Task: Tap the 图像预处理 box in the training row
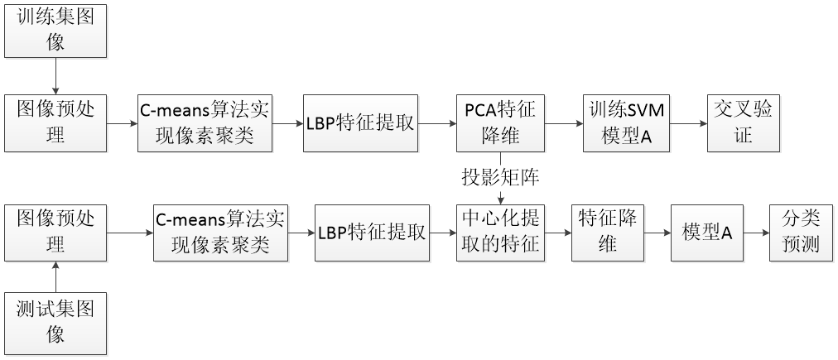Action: [x=55, y=123]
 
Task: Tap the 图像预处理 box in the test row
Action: [x=55, y=233]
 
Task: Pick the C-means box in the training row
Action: [x=205, y=123]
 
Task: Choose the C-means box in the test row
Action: [x=220, y=233]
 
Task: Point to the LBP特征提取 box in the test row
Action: [x=372, y=233]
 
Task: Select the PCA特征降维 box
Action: [x=499, y=123]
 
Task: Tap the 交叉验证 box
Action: [x=744, y=123]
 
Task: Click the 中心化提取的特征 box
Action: [x=500, y=233]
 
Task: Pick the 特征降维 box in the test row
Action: [x=608, y=233]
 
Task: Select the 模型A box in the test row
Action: [x=706, y=233]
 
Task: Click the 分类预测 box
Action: [x=800, y=233]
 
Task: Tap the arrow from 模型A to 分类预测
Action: [x=755, y=233]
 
